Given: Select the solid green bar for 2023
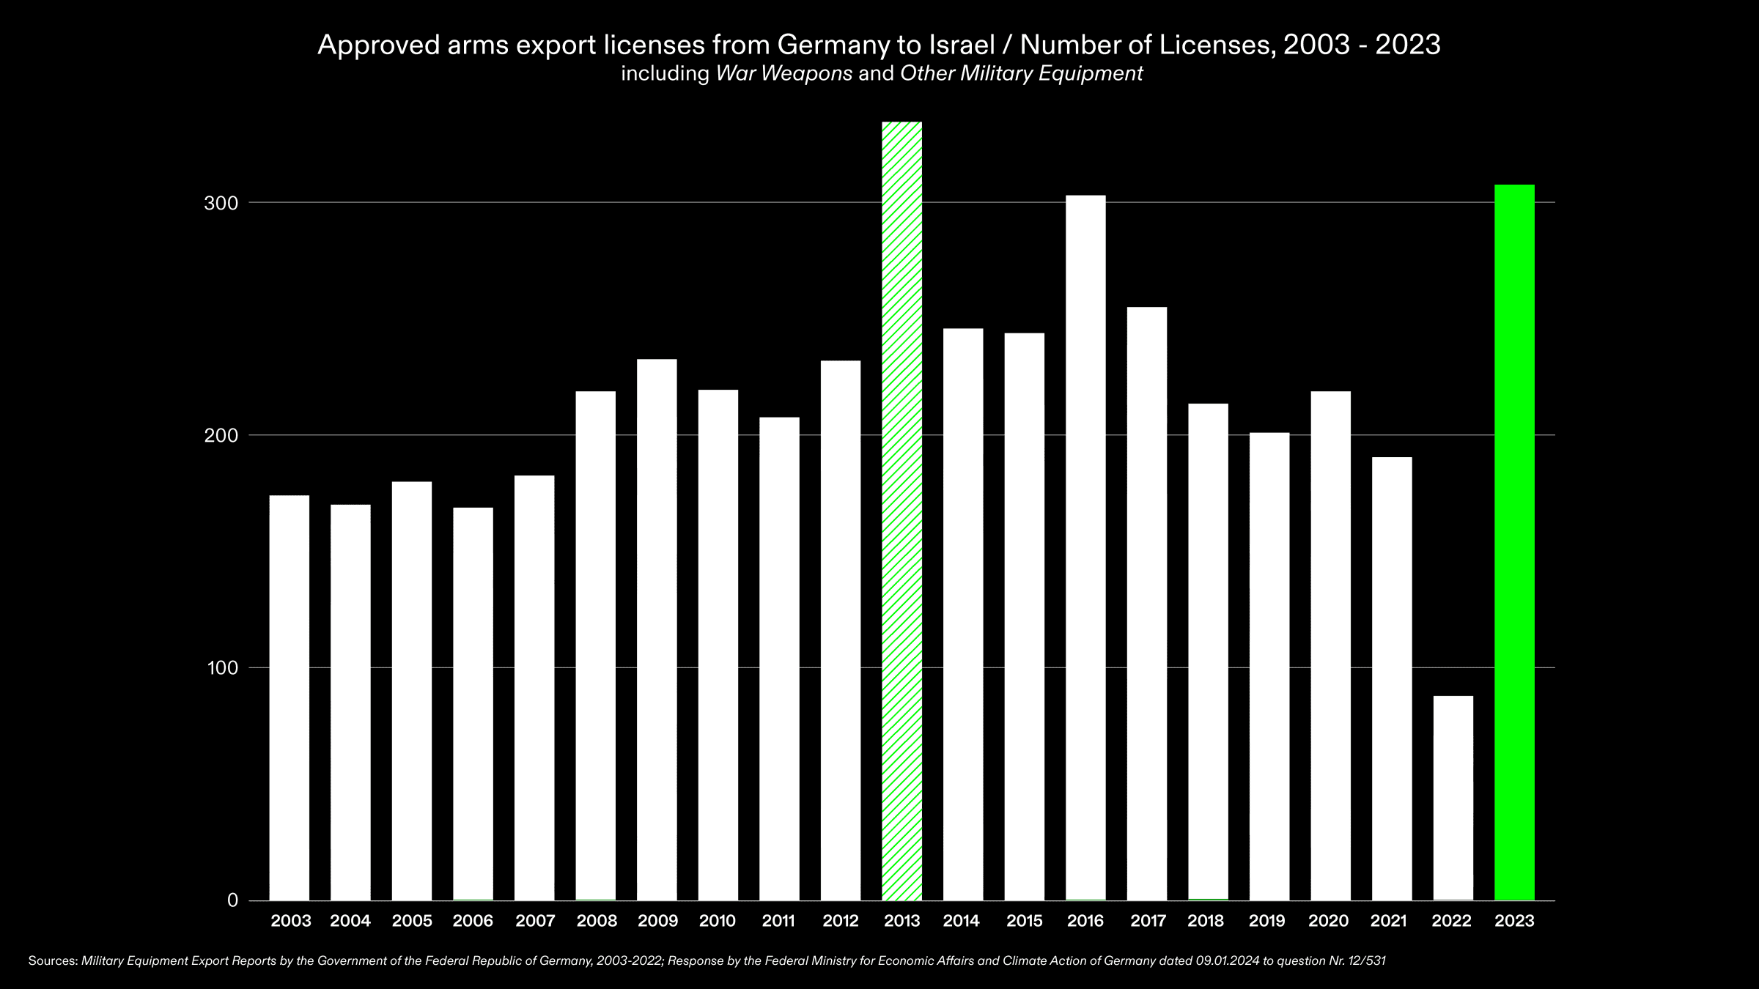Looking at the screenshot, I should tap(1514, 542).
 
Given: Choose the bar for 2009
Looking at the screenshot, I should tap(657, 629).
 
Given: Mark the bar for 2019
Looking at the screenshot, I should tap(1269, 666).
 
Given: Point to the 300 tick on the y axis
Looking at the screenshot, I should tap(221, 203).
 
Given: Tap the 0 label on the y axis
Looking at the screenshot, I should tap(233, 900).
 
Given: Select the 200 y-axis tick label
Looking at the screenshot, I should tap(221, 436).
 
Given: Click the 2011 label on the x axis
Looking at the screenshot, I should tap(778, 922).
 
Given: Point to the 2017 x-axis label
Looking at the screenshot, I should tap(1148, 922).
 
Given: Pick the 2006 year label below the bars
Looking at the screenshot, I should tap(473, 922).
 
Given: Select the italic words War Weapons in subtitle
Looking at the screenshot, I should tap(783, 74).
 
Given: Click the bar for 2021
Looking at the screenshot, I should tap(1391, 678).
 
